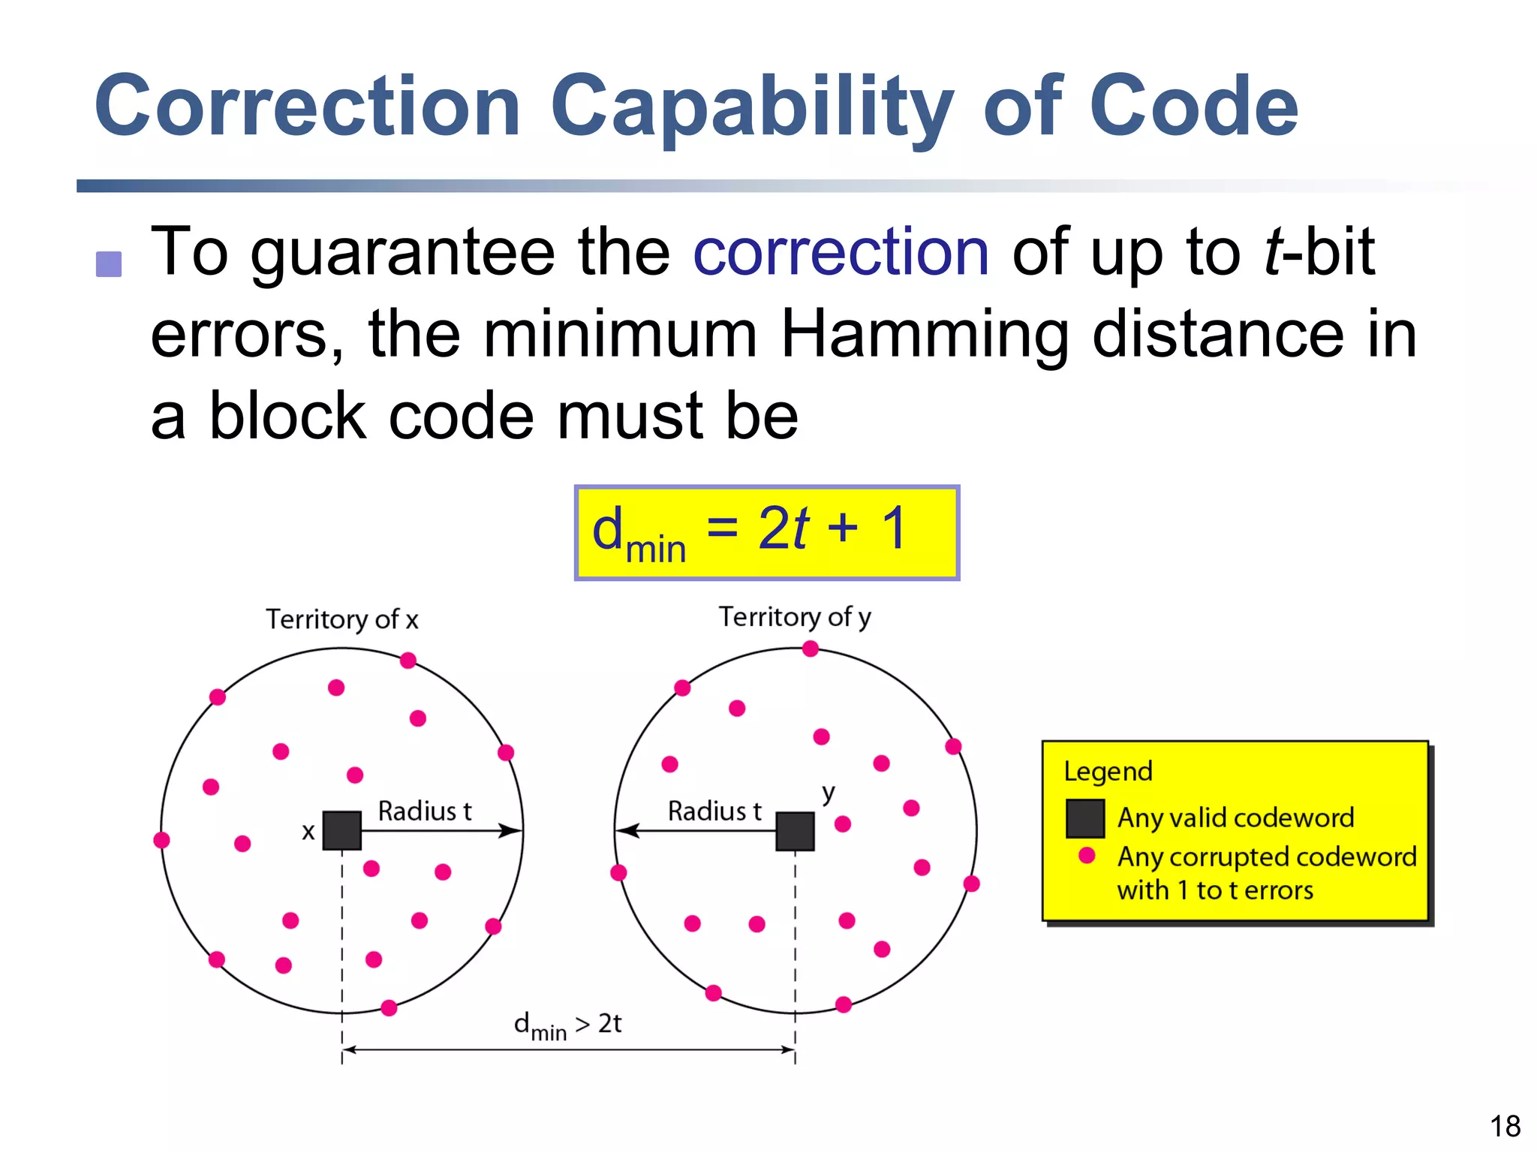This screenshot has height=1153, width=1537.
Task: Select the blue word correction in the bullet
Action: pyautogui.click(x=841, y=252)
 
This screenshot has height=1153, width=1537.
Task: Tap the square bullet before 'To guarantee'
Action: pyautogui.click(x=109, y=264)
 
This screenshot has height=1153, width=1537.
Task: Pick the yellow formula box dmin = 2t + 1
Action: pyautogui.click(x=766, y=532)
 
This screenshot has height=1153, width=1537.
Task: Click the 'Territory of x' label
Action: pyautogui.click(x=341, y=619)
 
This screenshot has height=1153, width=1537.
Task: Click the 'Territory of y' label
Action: pyautogui.click(x=795, y=617)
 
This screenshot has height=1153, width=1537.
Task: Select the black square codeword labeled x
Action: pyautogui.click(x=341, y=830)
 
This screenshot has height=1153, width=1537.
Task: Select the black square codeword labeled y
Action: pyautogui.click(x=795, y=831)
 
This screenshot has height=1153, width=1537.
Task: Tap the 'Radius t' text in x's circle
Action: pyautogui.click(x=424, y=811)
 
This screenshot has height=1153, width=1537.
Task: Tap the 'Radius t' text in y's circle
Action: pyautogui.click(x=714, y=811)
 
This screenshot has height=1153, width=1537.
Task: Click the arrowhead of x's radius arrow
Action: pyautogui.click(x=513, y=830)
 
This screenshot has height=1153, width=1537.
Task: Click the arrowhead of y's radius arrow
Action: pyautogui.click(x=625, y=830)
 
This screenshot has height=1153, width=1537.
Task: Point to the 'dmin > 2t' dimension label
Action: pyautogui.click(x=567, y=1025)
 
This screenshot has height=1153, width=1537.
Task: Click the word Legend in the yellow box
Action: pyautogui.click(x=1108, y=772)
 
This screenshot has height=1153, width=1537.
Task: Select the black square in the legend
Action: pyautogui.click(x=1085, y=818)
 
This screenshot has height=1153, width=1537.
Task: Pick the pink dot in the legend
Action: pyautogui.click(x=1086, y=856)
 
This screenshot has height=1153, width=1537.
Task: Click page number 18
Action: pyautogui.click(x=1505, y=1126)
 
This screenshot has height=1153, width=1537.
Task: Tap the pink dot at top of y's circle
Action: pyautogui.click(x=810, y=649)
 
